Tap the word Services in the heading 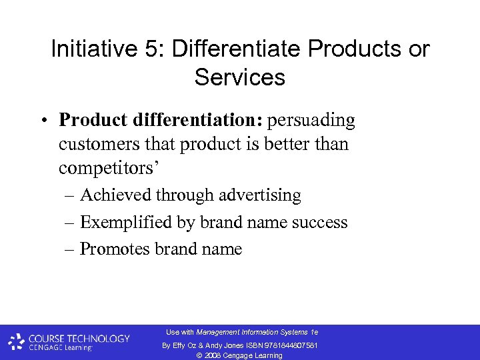coord(240,77)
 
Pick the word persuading coord(311,120)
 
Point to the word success coord(322,222)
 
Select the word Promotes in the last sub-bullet coord(115,249)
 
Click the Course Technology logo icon coord(17,342)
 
